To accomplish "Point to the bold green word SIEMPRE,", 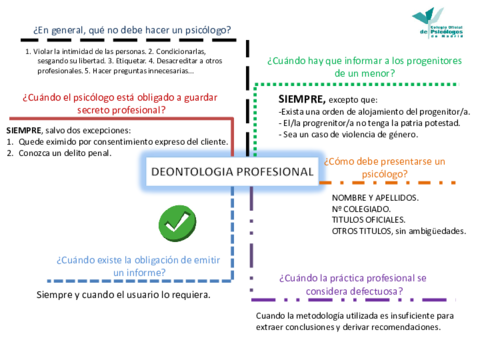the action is tap(301, 101).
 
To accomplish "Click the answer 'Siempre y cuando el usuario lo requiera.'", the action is tap(123, 296).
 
